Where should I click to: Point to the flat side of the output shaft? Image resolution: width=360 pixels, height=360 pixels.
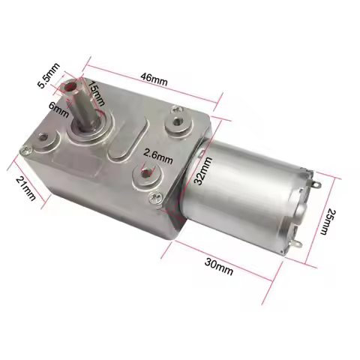[x=84, y=112]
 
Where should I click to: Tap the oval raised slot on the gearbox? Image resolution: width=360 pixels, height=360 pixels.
[x=123, y=144]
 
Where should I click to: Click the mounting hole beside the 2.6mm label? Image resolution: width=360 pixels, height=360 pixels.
[x=143, y=175]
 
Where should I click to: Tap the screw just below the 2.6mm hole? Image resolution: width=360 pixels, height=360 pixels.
[x=155, y=196]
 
